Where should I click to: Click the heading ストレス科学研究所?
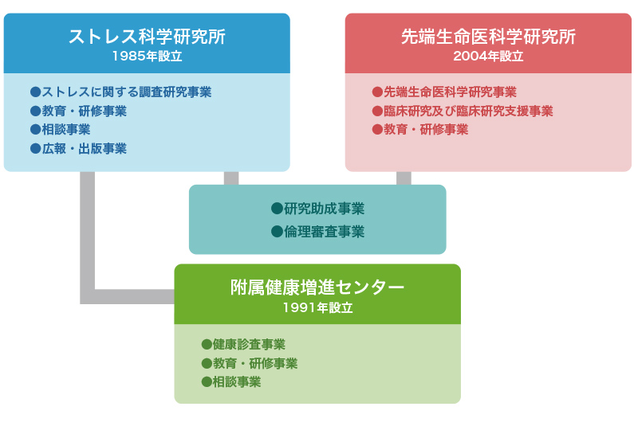click(147, 37)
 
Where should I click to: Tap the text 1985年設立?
click(147, 56)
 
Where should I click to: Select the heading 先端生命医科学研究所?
click(488, 37)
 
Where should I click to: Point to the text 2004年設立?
click(488, 56)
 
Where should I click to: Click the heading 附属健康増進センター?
click(317, 287)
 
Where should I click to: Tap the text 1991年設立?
click(317, 307)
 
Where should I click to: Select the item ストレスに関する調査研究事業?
click(127, 92)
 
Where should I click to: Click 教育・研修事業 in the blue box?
click(85, 111)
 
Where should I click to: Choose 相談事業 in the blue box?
click(66, 130)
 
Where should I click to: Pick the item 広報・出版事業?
click(85, 149)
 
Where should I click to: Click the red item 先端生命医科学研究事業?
click(450, 92)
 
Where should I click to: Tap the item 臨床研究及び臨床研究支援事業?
click(468, 111)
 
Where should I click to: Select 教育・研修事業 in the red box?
click(426, 130)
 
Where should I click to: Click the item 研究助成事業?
click(324, 209)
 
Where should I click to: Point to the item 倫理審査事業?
click(324, 232)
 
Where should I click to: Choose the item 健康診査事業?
click(249, 344)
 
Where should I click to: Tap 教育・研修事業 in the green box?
click(255, 363)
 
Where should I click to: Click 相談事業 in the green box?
click(237, 382)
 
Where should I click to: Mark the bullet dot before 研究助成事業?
click(277, 209)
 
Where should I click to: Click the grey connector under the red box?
click(404, 178)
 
